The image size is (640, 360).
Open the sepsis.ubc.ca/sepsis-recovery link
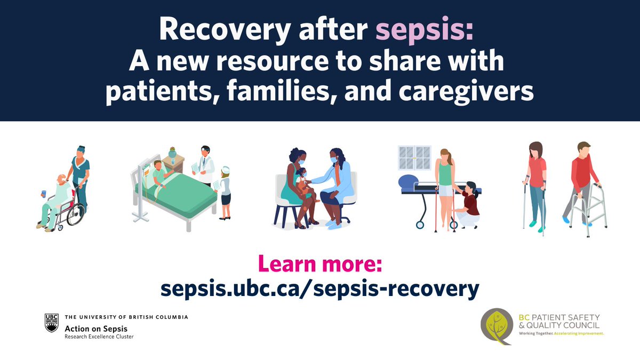[x=320, y=289]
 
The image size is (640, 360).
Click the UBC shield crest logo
[x=51, y=323]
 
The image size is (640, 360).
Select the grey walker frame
[x=593, y=205]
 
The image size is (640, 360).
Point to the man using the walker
[x=584, y=179]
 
